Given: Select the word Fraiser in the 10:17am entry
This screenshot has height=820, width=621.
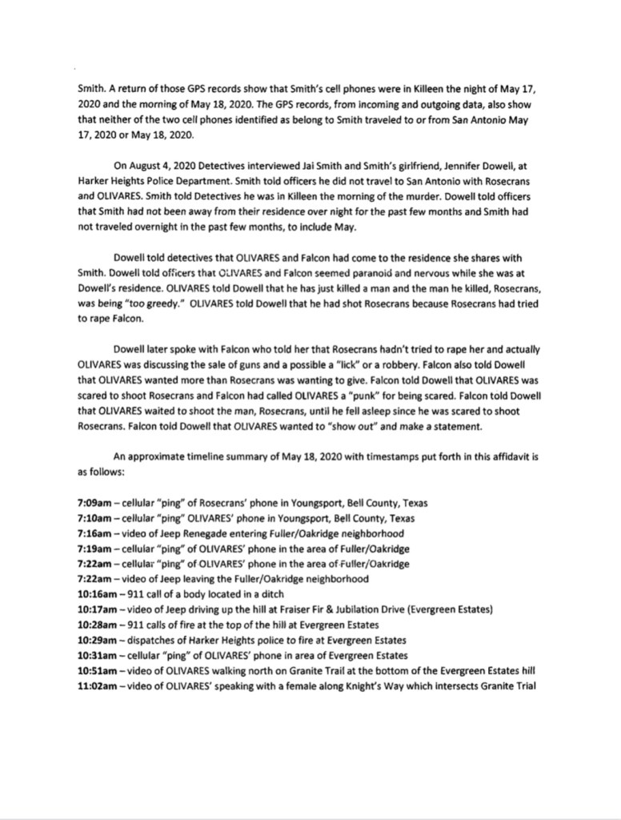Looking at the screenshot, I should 275,609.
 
